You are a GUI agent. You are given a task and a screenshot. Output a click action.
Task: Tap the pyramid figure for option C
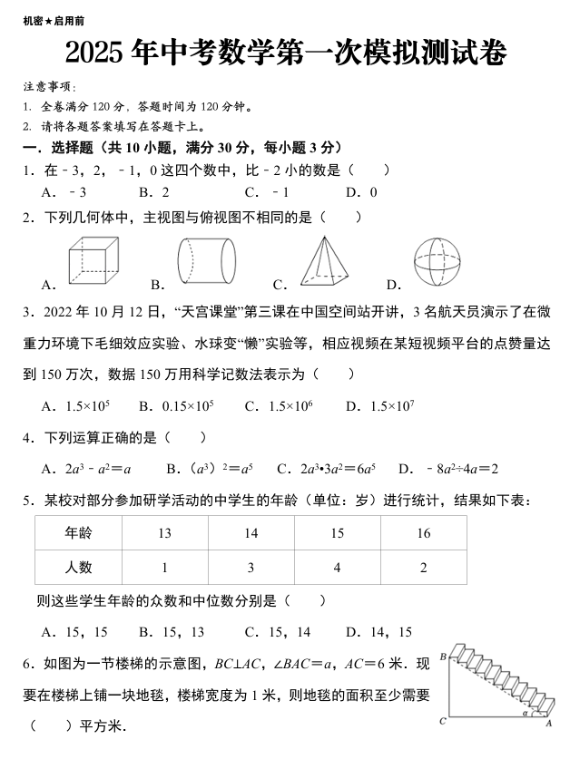(x=327, y=261)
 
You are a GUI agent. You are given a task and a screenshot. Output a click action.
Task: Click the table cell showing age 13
(x=164, y=533)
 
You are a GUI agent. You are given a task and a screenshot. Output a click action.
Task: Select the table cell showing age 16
(x=423, y=533)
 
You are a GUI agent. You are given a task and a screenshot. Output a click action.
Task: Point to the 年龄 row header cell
(x=78, y=533)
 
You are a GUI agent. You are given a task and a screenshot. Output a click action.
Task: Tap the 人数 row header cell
(x=78, y=568)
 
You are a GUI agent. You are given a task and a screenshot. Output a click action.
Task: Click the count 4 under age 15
(x=338, y=568)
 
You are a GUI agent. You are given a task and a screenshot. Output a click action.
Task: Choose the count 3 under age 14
(x=251, y=568)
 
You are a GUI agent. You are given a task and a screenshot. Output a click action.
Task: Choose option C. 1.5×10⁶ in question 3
(x=278, y=405)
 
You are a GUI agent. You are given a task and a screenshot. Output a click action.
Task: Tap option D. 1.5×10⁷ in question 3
(x=379, y=405)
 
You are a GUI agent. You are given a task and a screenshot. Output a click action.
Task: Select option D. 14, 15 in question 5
(x=378, y=632)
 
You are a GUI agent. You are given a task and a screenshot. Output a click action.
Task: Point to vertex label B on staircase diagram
(x=443, y=656)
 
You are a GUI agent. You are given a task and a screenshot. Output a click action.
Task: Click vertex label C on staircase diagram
(x=442, y=722)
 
